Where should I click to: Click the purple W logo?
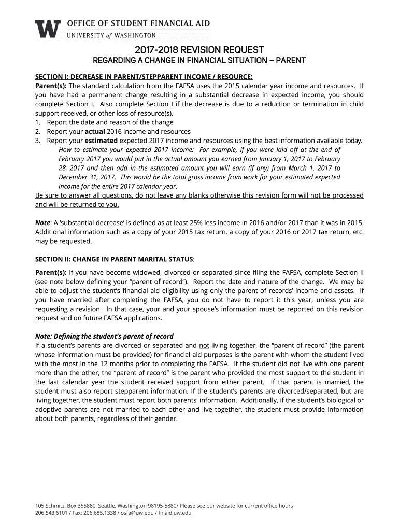point(48,29)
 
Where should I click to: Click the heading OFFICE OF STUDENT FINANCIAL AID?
point(139,23)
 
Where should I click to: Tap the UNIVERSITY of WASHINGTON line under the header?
point(111,35)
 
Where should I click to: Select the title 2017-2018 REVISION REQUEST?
point(199,50)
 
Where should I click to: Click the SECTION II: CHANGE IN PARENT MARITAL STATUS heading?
point(115,259)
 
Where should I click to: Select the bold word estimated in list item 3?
point(102,141)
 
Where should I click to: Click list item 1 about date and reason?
point(109,122)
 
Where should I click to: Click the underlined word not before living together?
point(204,345)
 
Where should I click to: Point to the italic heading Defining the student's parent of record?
point(104,336)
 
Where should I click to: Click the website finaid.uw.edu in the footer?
point(175,513)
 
